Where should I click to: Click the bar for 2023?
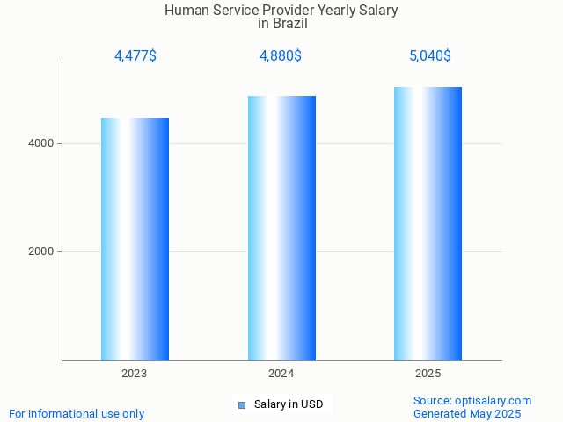pos(135,239)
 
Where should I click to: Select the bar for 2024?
pos(281,228)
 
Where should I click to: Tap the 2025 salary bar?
pos(428,223)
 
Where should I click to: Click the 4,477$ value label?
pos(135,56)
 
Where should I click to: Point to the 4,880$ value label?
pos(281,56)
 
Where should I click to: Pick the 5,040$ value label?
pos(430,56)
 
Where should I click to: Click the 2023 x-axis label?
pos(135,374)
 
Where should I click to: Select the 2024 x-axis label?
pos(281,374)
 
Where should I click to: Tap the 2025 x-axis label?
pos(428,374)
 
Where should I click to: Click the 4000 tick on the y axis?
pos(40,143)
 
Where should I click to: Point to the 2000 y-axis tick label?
pos(40,252)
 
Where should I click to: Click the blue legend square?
pos(241,404)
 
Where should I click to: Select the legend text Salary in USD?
pos(289,404)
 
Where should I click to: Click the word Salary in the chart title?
pos(378,11)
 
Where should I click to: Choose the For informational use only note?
pos(77,413)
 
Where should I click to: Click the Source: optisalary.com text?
pos(472,401)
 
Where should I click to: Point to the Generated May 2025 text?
pos(467,413)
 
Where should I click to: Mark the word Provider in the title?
pos(291,11)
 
